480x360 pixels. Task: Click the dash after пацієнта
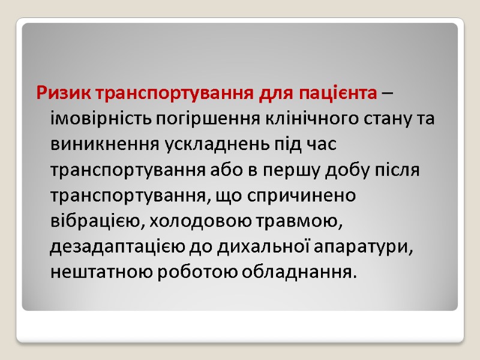pyautogui.click(x=388, y=94)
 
